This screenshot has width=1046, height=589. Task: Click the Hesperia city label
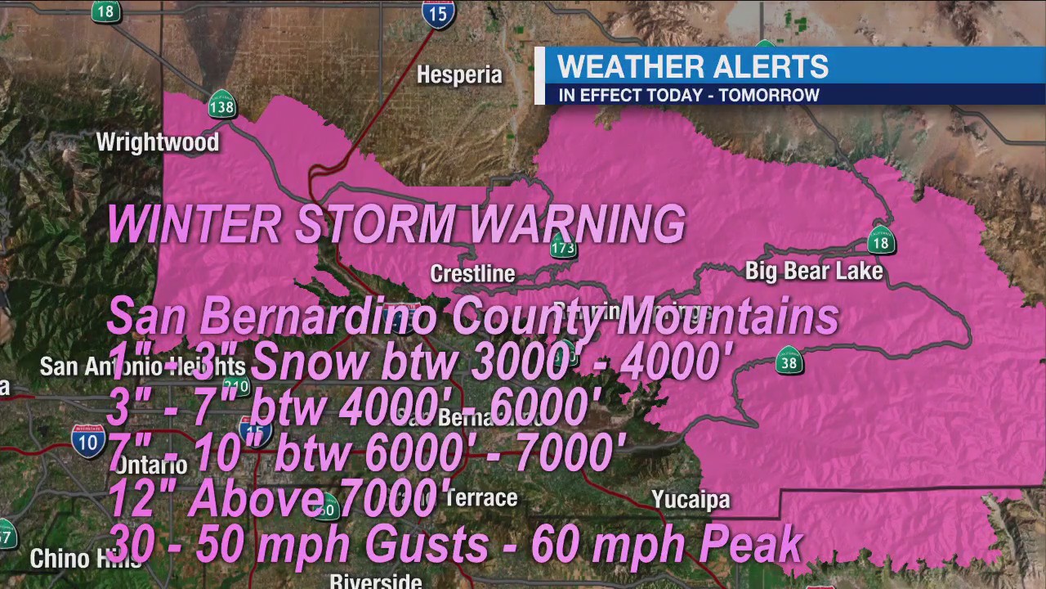[x=458, y=75]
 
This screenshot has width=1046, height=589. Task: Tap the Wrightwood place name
[x=158, y=142]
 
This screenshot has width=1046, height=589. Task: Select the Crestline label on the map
[x=472, y=273]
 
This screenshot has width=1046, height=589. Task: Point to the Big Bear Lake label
[x=814, y=271]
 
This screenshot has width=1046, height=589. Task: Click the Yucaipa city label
[x=691, y=499]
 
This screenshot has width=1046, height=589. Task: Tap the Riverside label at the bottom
[x=375, y=581]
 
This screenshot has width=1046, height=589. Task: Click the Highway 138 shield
[x=221, y=105]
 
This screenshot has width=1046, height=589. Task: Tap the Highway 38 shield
[x=789, y=362]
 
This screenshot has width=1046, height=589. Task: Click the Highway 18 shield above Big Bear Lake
[x=880, y=241]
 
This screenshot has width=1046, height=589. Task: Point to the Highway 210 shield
[x=236, y=385]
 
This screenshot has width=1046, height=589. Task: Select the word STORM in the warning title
[x=373, y=224]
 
